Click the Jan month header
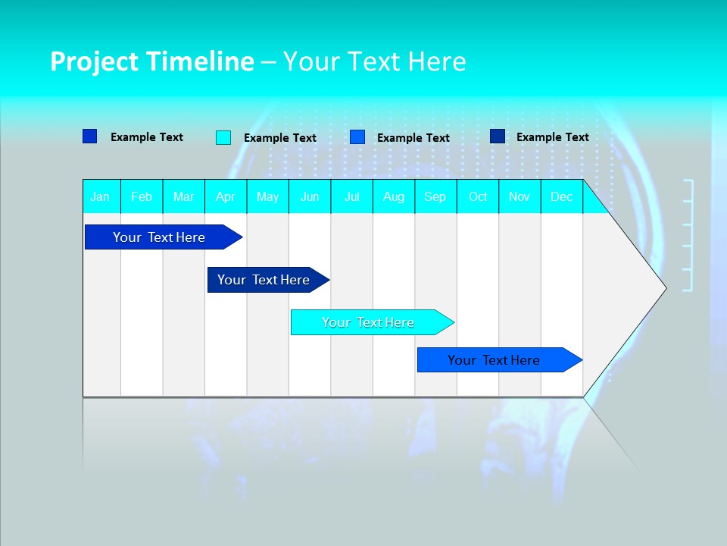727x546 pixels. (x=101, y=196)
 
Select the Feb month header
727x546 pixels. (x=142, y=196)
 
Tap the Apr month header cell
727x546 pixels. (x=226, y=196)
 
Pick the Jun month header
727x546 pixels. (x=310, y=196)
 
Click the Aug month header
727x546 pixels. (x=394, y=196)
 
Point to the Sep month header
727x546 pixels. (x=435, y=196)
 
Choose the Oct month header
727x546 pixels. (x=478, y=196)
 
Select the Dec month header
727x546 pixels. (x=562, y=196)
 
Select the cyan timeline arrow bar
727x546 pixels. (x=369, y=322)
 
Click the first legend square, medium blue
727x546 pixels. (x=90, y=136)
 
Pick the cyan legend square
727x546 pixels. (x=223, y=137)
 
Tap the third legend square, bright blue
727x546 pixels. (x=357, y=137)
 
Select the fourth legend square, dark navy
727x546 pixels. (x=498, y=136)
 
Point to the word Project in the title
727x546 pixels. (x=95, y=61)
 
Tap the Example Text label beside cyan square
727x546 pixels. (x=280, y=138)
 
